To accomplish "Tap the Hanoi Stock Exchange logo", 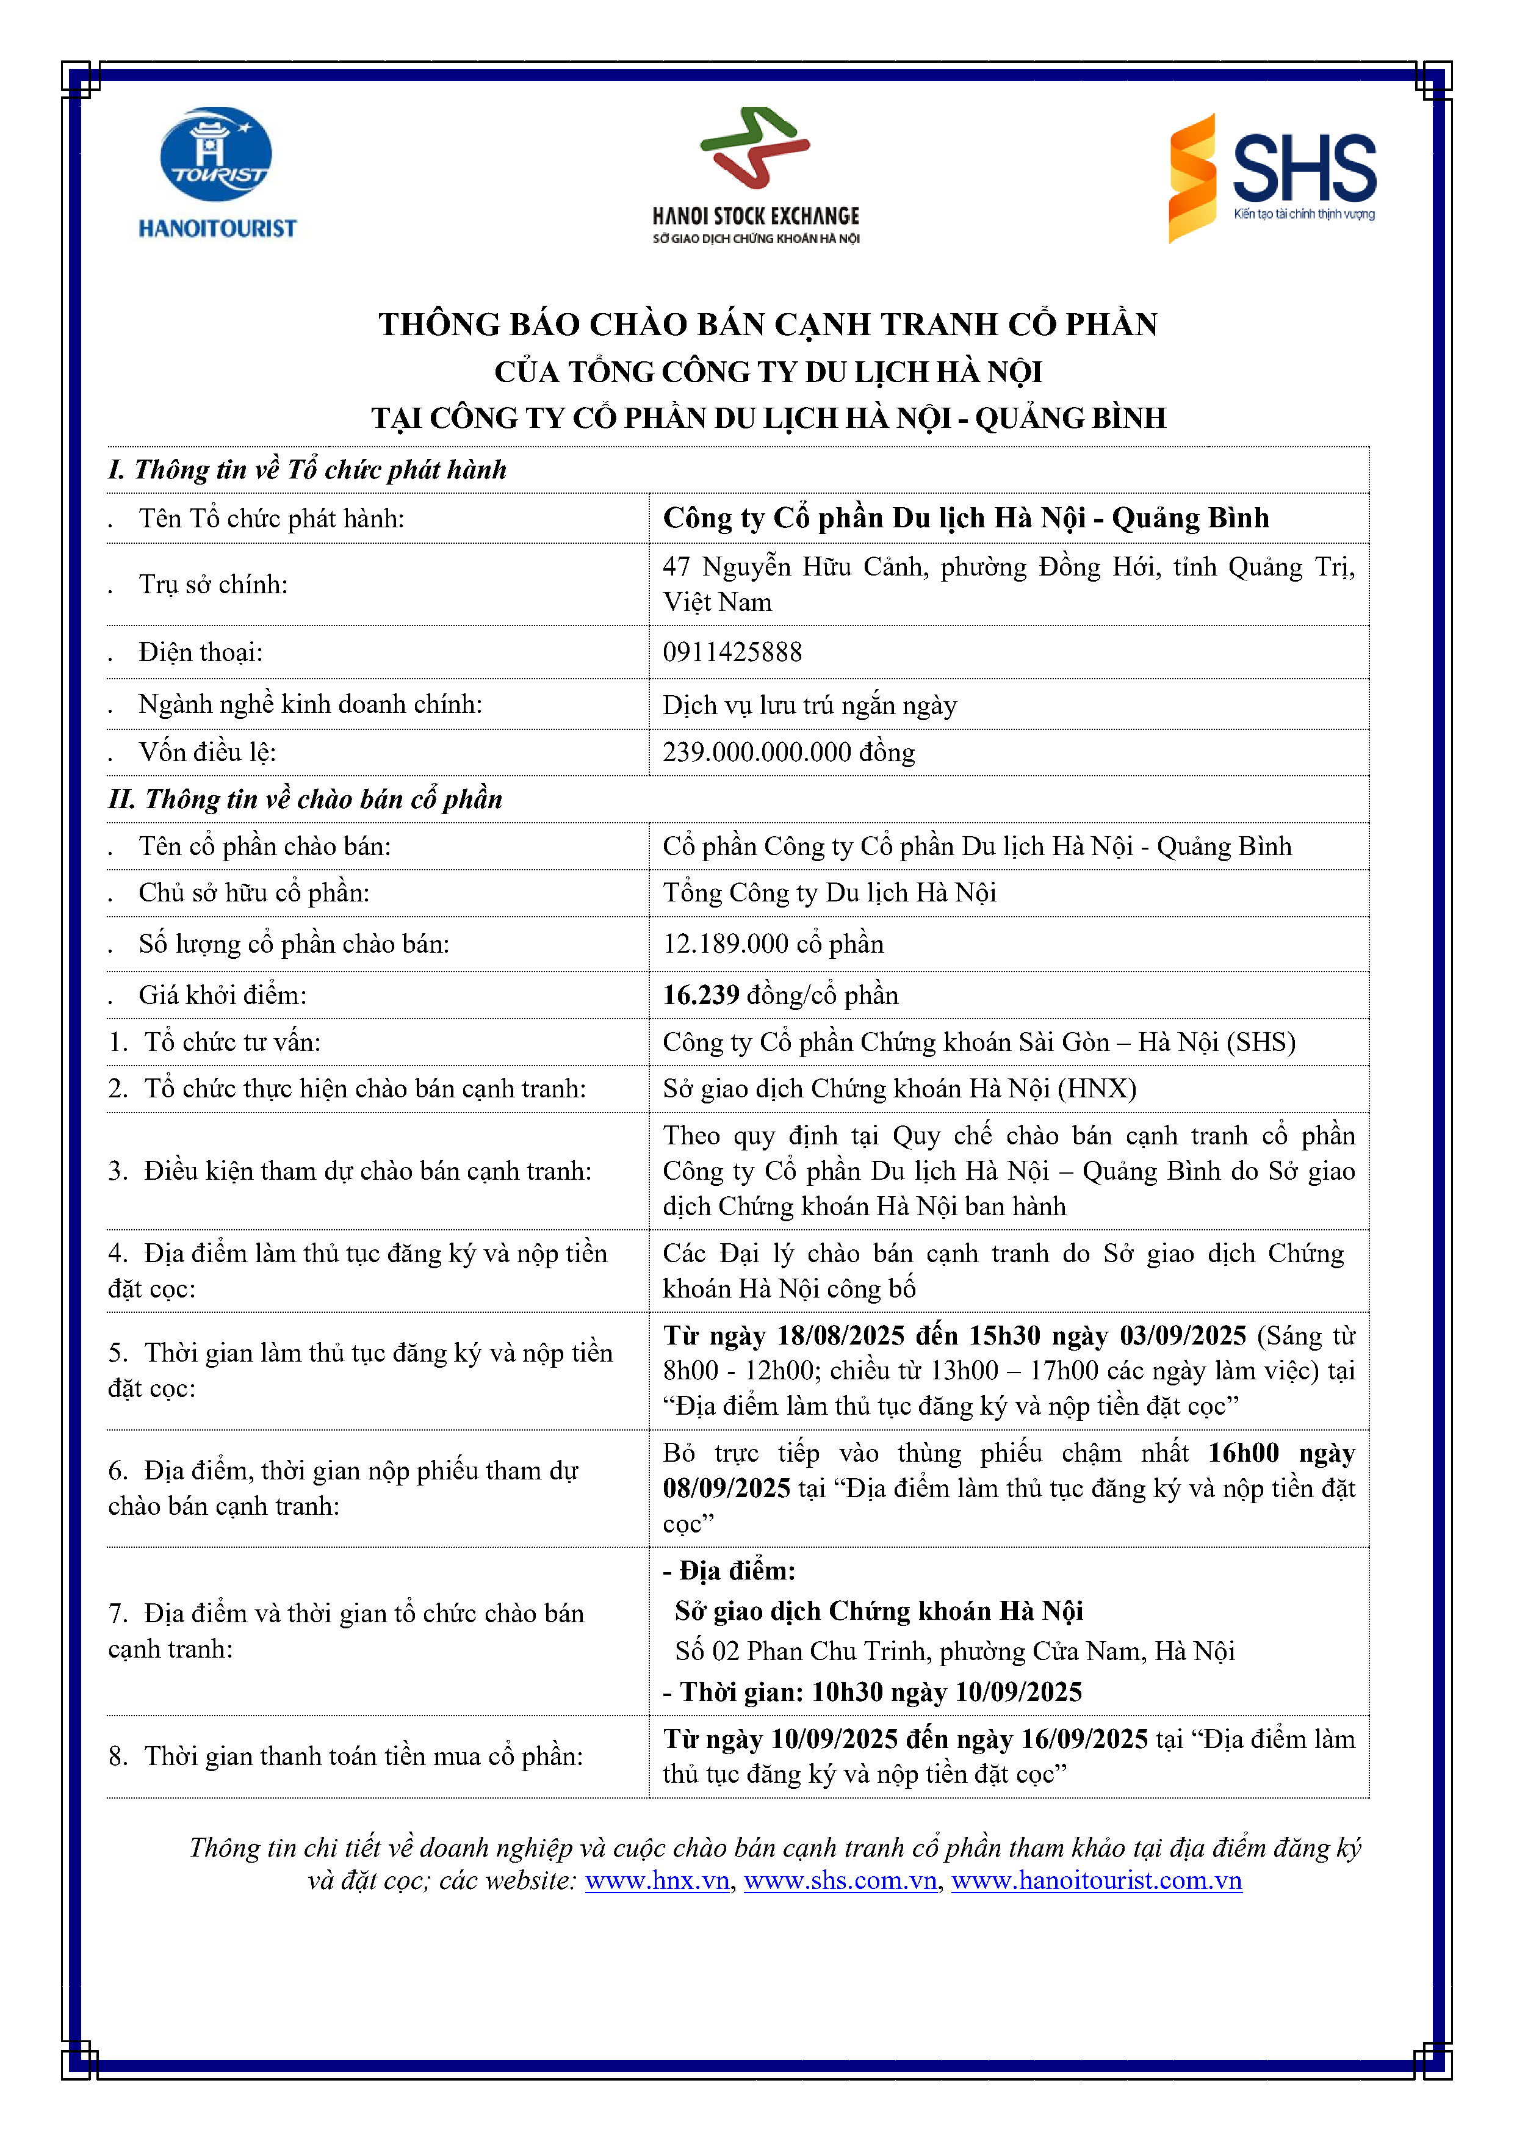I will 755,175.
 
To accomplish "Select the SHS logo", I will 1272,177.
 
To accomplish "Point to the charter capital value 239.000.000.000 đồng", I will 788,751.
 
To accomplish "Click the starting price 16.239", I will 701,995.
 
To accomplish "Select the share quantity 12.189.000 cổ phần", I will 773,944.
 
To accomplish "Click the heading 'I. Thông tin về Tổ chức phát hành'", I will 307,469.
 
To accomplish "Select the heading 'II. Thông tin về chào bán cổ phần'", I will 305,799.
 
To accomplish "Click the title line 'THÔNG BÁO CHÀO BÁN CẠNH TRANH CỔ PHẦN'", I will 767,323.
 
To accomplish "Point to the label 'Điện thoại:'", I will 200,652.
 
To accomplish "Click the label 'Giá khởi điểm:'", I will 222,995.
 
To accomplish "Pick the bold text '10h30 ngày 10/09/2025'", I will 946,1692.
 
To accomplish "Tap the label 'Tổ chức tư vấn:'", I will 231,1042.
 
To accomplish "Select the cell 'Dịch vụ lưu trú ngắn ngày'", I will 809,705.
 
